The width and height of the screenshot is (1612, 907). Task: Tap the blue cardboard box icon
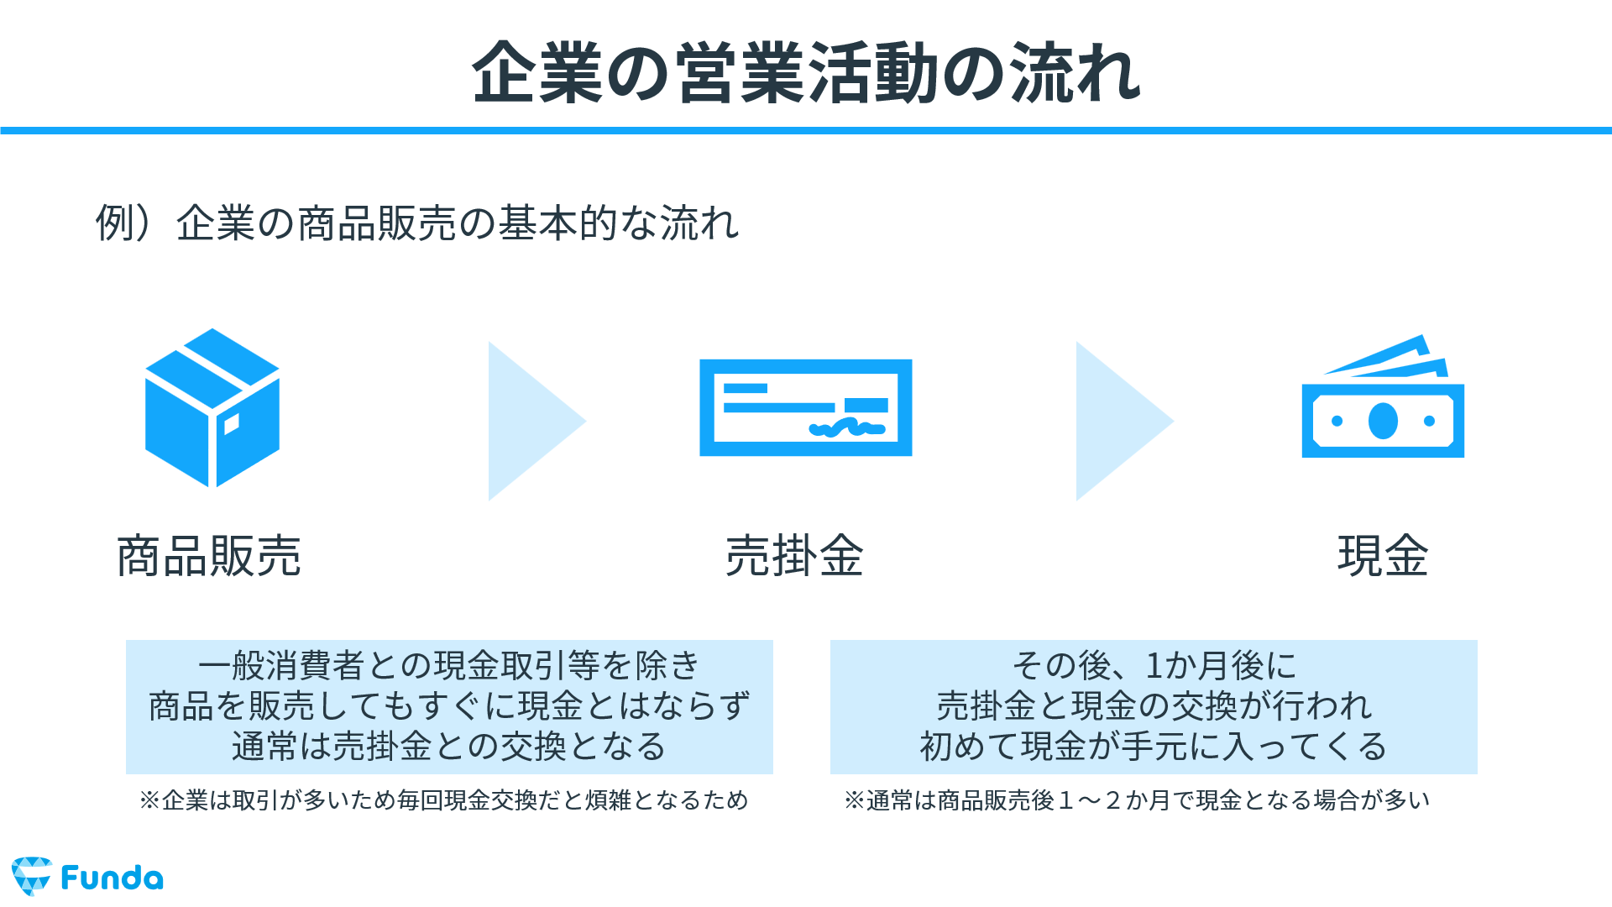[212, 407]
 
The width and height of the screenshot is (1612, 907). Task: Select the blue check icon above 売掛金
[806, 408]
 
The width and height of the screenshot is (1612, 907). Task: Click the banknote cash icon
[1383, 396]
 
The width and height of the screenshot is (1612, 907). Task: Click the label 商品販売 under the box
[209, 556]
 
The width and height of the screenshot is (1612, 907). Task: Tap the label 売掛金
[794, 556]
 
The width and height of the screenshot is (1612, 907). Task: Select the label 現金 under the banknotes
[1383, 556]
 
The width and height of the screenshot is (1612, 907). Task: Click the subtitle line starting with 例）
[417, 223]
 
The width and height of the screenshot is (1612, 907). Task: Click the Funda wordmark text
[113, 878]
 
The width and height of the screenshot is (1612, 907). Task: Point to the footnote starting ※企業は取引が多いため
[444, 800]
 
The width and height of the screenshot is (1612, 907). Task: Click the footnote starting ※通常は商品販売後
[1138, 800]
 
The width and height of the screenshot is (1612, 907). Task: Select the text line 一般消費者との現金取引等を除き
[449, 666]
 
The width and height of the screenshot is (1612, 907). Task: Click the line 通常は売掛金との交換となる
[449, 747]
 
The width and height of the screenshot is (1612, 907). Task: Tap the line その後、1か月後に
[1154, 666]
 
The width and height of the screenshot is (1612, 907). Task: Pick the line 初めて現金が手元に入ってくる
[1154, 747]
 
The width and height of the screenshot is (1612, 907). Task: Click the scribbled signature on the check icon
[846, 428]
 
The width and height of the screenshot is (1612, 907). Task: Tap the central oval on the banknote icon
[1383, 421]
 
